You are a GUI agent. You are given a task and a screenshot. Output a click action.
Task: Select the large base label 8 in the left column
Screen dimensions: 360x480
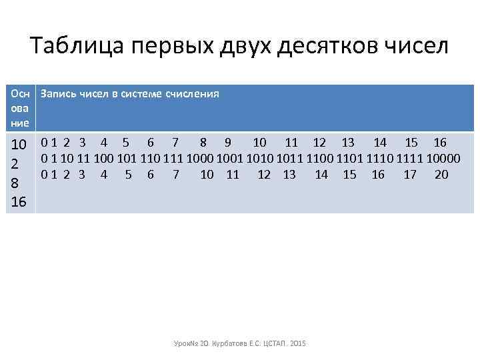point(19,182)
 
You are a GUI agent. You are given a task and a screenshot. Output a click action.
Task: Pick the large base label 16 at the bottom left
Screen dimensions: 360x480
point(20,201)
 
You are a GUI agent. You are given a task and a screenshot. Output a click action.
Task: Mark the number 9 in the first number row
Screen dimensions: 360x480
point(228,142)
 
